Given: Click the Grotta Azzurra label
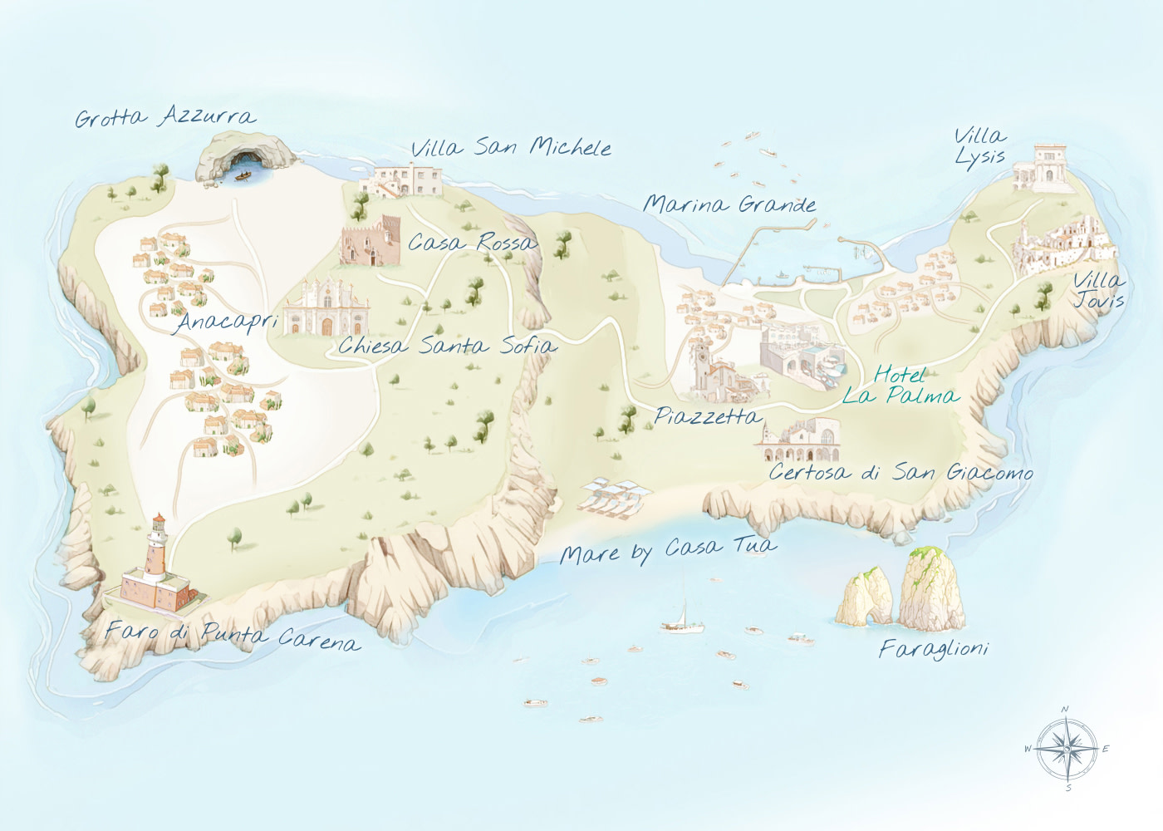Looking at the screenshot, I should click(x=165, y=116).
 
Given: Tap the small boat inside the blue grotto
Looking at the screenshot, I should click(x=244, y=175).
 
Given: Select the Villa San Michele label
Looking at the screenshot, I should click(x=511, y=148).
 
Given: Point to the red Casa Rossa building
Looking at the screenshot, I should click(x=370, y=241).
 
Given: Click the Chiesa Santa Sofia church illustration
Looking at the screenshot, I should click(x=326, y=309).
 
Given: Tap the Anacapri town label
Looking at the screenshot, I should click(x=226, y=321).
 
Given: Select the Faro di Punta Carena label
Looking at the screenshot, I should click(x=233, y=636).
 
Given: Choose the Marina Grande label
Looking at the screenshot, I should click(x=729, y=204).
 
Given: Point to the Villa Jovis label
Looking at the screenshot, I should click(x=1098, y=290).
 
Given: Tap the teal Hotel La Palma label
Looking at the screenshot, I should click(x=899, y=386).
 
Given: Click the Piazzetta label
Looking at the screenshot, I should click(x=707, y=415).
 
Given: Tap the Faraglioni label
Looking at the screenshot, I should click(x=934, y=648).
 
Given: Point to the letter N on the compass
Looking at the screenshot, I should click(x=1066, y=709).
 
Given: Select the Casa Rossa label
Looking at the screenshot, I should click(x=472, y=243).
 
